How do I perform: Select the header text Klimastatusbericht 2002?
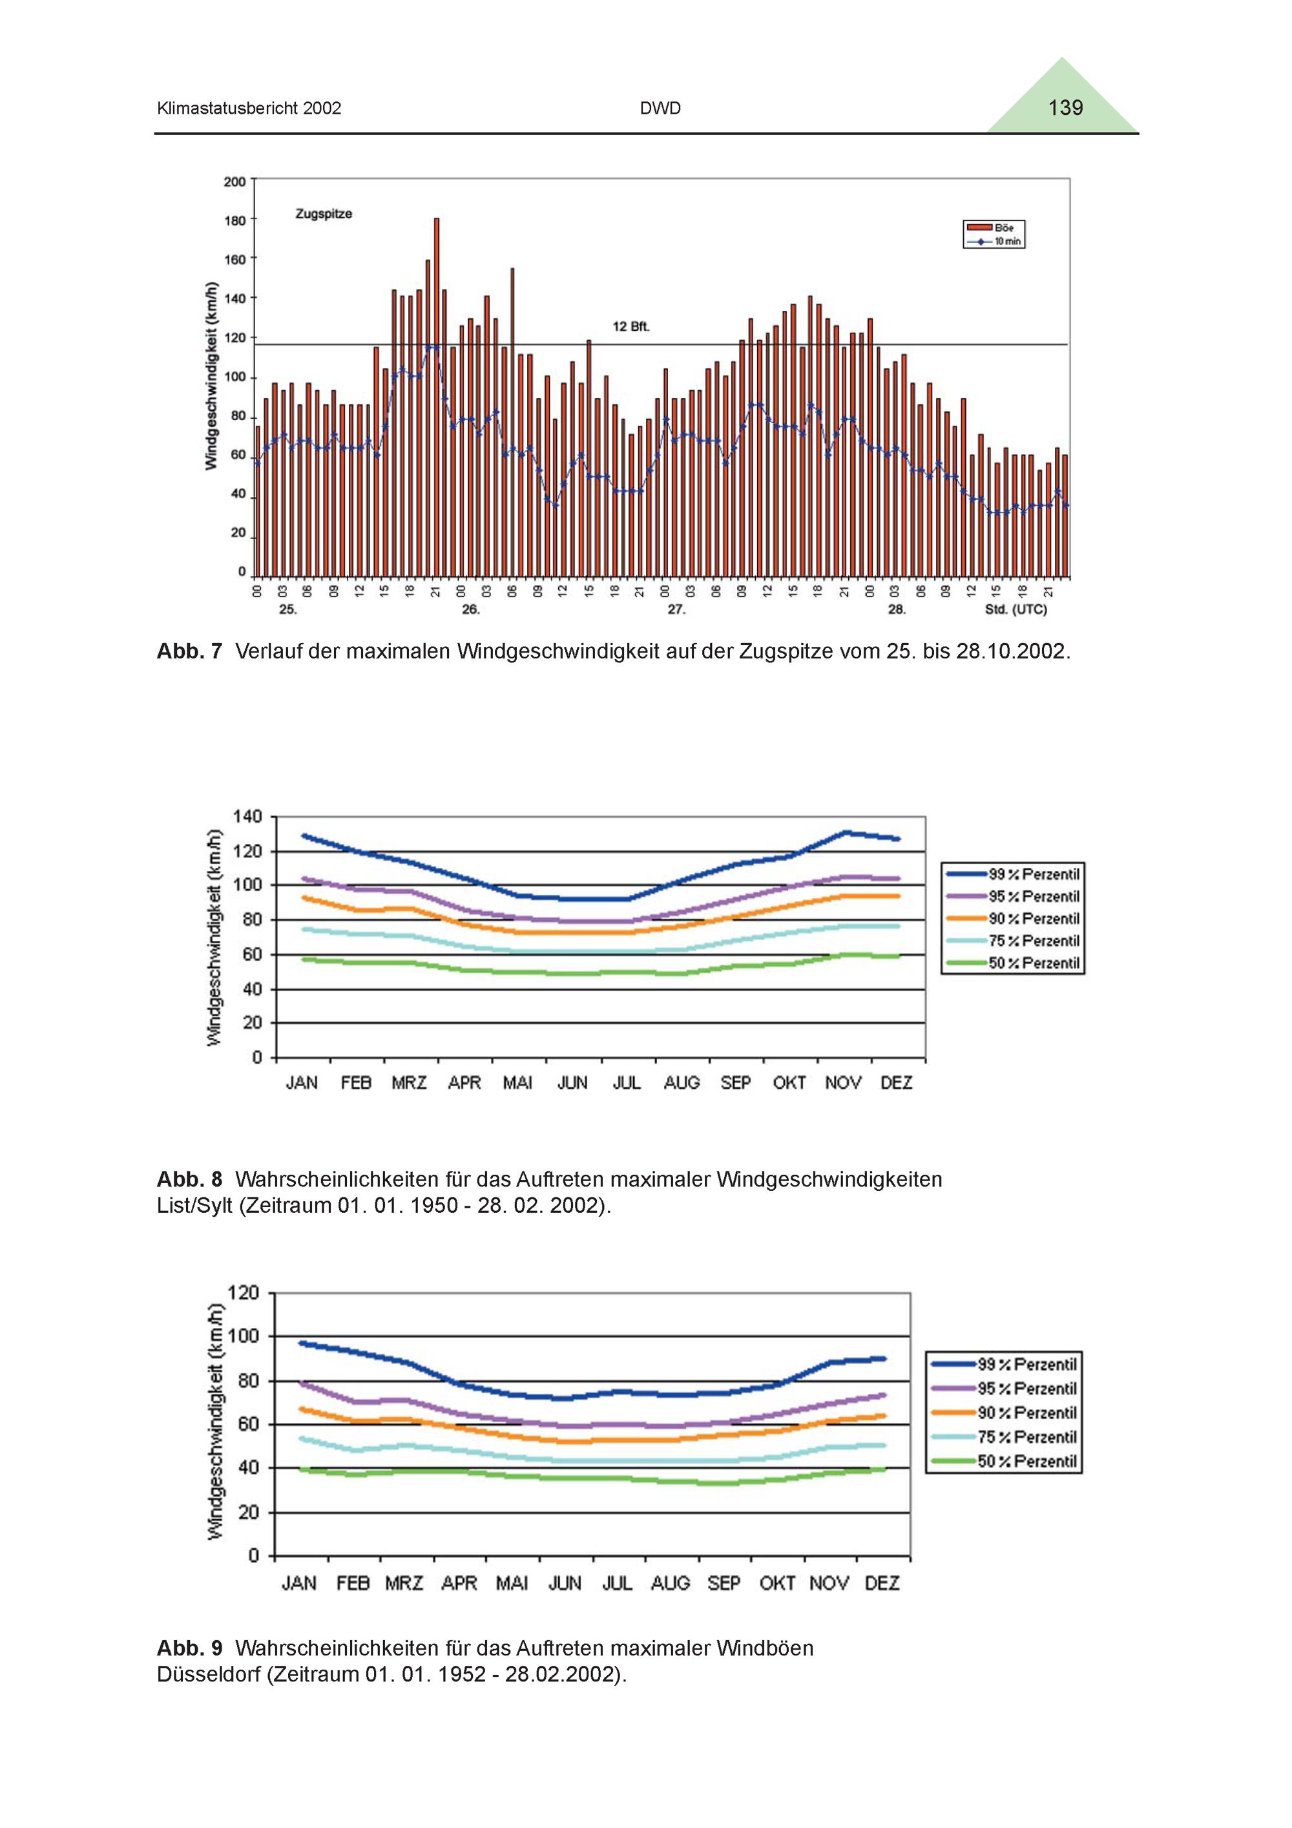coord(249,109)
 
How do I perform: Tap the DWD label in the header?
coord(660,109)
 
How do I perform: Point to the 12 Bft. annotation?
coord(630,326)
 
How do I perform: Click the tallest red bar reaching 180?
coord(436,397)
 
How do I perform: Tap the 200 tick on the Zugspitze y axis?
coord(235,182)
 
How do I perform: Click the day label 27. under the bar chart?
coord(676,610)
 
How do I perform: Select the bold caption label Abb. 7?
coord(189,651)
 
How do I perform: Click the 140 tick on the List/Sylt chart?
coord(247,817)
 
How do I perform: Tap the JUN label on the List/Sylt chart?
coord(572,1083)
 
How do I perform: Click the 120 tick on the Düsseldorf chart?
coord(244,1292)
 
